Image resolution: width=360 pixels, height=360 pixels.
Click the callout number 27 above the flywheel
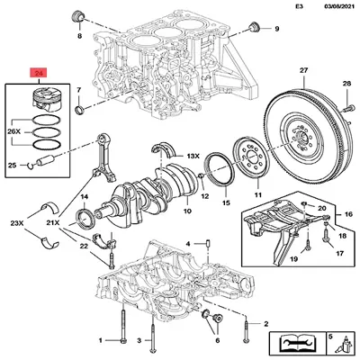click(x=303, y=70)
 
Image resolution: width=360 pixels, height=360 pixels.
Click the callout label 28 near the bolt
click(x=346, y=84)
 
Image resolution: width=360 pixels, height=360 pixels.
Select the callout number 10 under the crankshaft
click(x=187, y=213)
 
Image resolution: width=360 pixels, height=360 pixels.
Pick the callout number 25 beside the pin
click(x=12, y=165)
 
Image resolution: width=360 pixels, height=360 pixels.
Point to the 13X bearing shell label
click(x=193, y=156)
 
